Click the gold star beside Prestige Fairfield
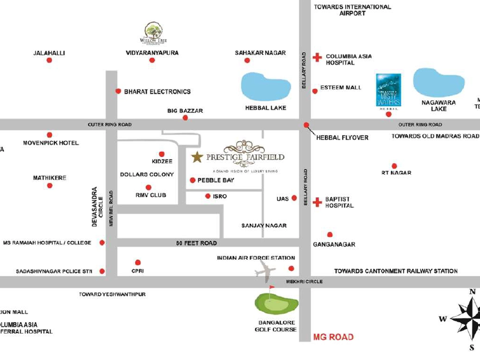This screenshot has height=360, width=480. coord(197,157)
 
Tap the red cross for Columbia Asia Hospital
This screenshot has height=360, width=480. coord(317,57)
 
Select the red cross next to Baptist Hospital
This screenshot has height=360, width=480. coord(317,202)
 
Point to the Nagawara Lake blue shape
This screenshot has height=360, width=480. coord(439,83)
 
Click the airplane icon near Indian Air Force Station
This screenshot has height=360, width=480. coord(266,271)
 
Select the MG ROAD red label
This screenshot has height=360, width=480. coord(333,337)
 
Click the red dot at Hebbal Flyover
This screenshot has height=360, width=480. coord(306,125)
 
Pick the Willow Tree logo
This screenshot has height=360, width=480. coord(153,32)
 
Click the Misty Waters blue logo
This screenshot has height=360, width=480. coord(389,90)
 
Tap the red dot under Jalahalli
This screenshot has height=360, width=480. coord(49,60)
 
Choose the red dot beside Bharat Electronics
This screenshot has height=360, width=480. coord(118,91)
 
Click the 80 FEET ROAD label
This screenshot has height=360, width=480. coord(196,243)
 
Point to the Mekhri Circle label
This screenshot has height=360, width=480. coord(304,282)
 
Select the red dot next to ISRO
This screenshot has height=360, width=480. coord(208,196)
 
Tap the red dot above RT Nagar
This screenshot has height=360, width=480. coord(394,165)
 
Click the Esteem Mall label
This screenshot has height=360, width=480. coord(341,88)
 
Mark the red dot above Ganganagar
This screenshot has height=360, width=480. coord(330,234)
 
